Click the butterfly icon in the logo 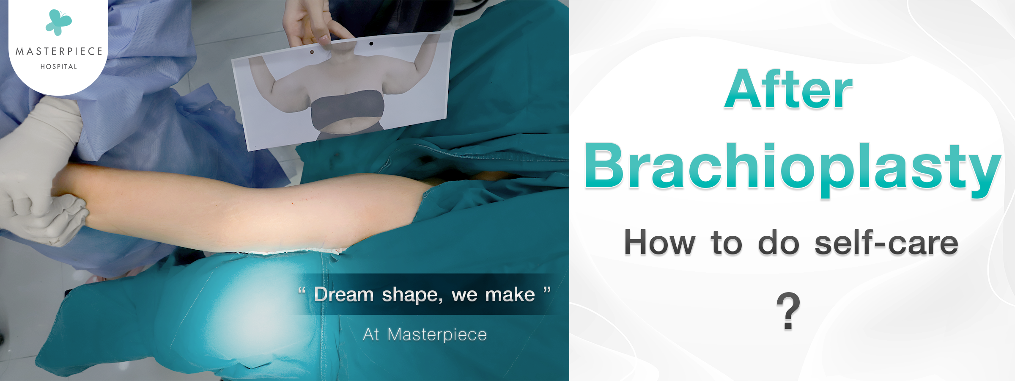[59, 22]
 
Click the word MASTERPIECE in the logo [59, 52]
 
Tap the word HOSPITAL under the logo [59, 66]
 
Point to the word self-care [886, 243]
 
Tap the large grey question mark [788, 311]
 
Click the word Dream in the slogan [344, 294]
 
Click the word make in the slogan [510, 295]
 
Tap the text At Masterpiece [425, 334]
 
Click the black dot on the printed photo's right [371, 44]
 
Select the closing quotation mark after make [547, 290]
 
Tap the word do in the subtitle [779, 243]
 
